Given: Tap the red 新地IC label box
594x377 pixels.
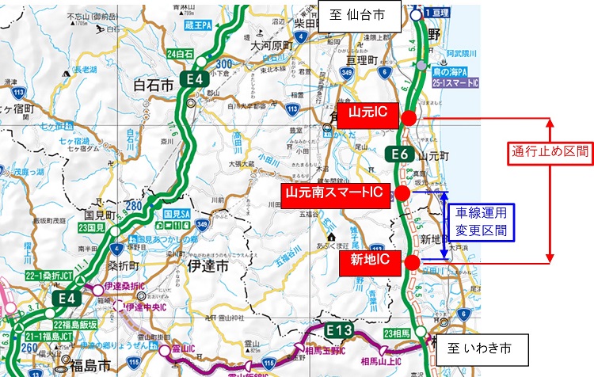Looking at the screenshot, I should [368, 261].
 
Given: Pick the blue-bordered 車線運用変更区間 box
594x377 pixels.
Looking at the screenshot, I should [481, 223].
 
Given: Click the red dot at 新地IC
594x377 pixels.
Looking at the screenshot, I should [413, 261].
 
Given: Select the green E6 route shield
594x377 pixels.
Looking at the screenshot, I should [399, 154].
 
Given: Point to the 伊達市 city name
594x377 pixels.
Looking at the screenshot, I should [210, 268].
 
